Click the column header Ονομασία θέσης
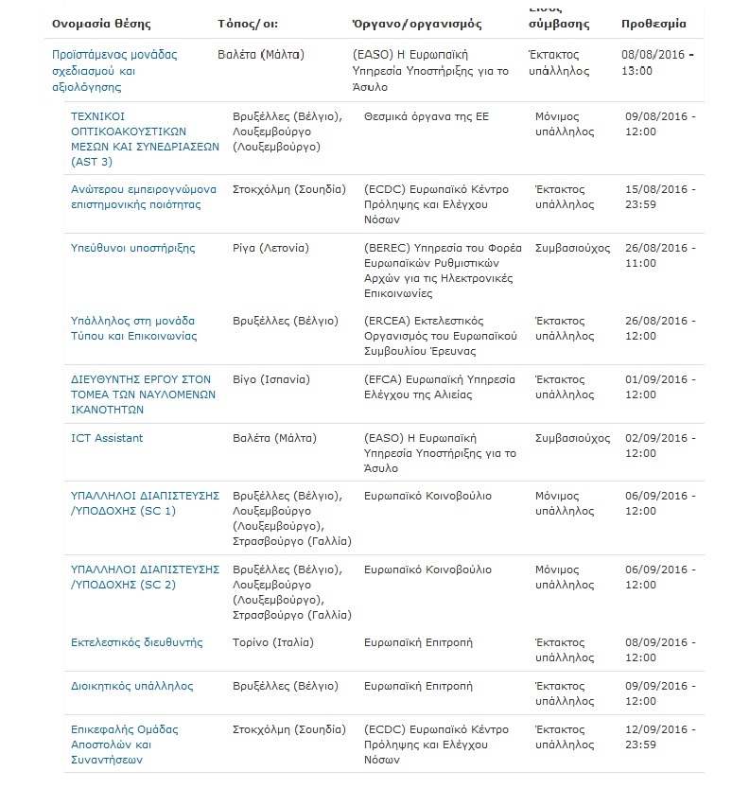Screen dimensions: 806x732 click(x=101, y=23)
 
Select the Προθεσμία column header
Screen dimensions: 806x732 click(x=654, y=23)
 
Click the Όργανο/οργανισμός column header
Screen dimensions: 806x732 click(x=416, y=23)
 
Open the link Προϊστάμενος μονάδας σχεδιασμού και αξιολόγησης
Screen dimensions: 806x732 click(x=114, y=71)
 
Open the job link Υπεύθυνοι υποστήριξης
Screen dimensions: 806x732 click(x=133, y=248)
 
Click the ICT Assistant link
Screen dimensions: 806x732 click(x=107, y=438)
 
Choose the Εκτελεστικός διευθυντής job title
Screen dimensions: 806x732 click(x=137, y=642)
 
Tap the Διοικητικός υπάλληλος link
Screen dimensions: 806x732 click(x=132, y=686)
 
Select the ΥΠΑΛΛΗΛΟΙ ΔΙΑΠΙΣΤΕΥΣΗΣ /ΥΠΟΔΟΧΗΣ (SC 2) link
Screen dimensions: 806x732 click(x=146, y=577)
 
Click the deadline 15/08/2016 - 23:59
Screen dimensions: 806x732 click(x=660, y=197)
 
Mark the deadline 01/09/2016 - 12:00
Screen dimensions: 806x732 click(x=660, y=387)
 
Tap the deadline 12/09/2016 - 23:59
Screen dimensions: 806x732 click(x=660, y=737)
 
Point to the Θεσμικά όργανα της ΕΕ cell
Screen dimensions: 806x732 click(x=421, y=116)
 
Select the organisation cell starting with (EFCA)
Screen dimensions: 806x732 click(x=440, y=387)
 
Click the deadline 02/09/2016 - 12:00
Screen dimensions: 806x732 click(x=660, y=446)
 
